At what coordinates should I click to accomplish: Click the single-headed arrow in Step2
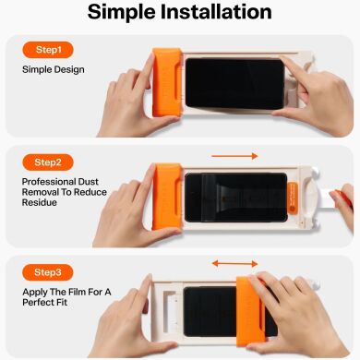(234, 156)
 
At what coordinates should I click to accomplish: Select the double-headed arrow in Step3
(234, 264)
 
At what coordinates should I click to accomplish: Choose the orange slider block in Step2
(165, 198)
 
